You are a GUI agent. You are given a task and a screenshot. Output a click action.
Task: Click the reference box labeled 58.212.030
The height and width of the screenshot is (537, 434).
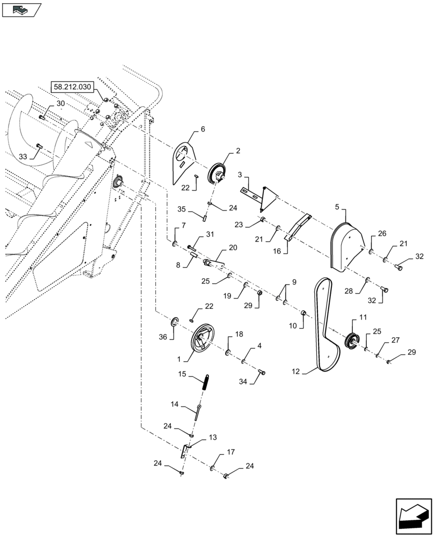(x=73, y=86)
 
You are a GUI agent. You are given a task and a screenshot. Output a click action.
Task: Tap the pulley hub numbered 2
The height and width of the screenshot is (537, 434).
(x=218, y=172)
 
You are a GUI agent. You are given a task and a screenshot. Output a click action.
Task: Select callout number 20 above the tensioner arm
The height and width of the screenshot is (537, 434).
(x=233, y=248)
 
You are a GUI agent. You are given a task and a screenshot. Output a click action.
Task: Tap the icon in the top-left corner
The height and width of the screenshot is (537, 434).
(x=21, y=9)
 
